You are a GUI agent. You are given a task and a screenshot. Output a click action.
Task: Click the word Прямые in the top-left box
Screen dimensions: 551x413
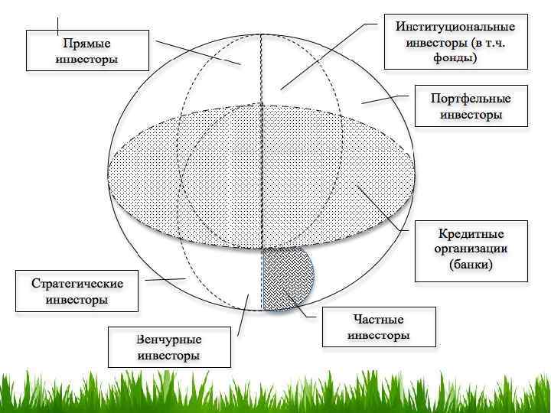pyautogui.click(x=86, y=44)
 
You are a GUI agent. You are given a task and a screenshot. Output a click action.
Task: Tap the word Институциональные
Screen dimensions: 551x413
pyautogui.click(x=455, y=26)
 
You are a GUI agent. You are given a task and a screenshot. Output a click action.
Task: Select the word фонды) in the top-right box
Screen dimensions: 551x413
pyautogui.click(x=455, y=57)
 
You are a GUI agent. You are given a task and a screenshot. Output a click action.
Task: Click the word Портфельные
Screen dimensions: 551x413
pyautogui.click(x=471, y=99)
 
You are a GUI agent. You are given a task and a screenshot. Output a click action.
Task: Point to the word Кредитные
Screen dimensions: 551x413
pyautogui.click(x=471, y=233)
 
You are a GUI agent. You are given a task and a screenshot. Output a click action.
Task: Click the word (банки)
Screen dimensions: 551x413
pyautogui.click(x=471, y=265)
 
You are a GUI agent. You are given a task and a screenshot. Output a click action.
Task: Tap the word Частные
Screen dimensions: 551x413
pyautogui.click(x=379, y=320)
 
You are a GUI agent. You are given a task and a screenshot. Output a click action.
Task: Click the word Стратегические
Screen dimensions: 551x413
pyautogui.click(x=77, y=284)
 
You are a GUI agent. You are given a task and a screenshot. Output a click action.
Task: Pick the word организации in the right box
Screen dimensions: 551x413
pyautogui.click(x=471, y=249)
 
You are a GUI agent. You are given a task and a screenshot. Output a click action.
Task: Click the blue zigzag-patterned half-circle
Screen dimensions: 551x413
pyautogui.click(x=287, y=278)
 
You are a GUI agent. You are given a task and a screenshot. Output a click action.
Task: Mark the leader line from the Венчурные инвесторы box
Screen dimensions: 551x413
pyautogui.click(x=243, y=314)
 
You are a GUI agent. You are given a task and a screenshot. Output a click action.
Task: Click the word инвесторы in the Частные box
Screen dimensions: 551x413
pyautogui.click(x=379, y=336)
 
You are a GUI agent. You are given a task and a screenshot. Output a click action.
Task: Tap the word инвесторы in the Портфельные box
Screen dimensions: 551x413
pyautogui.click(x=471, y=115)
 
